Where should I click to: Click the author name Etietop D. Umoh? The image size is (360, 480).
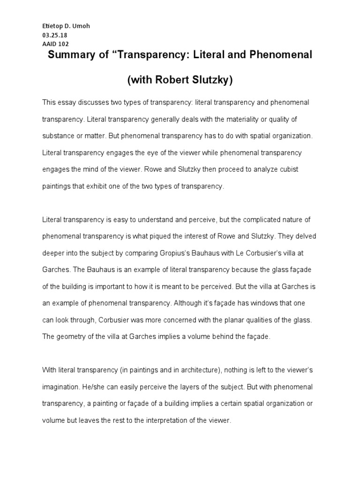click(66, 26)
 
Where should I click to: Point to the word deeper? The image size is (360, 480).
click(54, 253)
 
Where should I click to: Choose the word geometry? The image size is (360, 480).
click(72, 337)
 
